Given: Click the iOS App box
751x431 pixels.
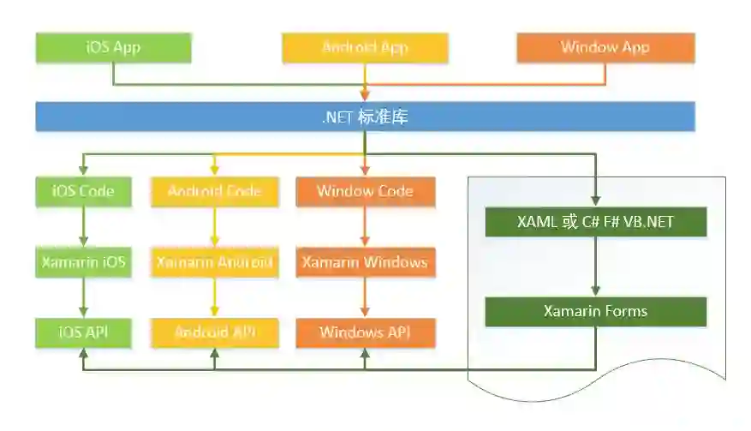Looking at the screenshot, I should [113, 47].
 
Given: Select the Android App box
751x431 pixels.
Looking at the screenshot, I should [365, 47].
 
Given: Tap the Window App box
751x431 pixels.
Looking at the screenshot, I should [605, 47].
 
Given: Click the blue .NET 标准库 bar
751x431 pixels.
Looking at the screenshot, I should [365, 117].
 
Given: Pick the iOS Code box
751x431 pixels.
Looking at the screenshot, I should [83, 191].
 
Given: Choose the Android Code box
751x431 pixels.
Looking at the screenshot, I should [215, 191].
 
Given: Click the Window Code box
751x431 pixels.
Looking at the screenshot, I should [365, 191].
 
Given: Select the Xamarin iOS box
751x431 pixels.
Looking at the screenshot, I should [83, 262].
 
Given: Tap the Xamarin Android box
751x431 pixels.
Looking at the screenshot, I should [215, 262].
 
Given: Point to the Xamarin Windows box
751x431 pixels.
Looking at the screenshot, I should [365, 262].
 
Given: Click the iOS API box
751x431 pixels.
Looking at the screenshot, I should [83, 332].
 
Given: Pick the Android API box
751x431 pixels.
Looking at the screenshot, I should [215, 332].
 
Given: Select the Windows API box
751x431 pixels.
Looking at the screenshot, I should [365, 332].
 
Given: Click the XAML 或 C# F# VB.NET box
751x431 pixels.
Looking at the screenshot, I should [595, 222].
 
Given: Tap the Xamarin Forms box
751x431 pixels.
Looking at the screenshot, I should [595, 311].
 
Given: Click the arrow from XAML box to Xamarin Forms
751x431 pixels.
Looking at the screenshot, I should [595, 266].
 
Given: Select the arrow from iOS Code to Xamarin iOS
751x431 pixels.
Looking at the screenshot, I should [83, 227].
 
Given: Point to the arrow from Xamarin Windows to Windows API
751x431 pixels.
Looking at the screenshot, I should [365, 298].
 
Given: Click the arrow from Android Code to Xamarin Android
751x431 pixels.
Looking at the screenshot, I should [215, 227].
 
